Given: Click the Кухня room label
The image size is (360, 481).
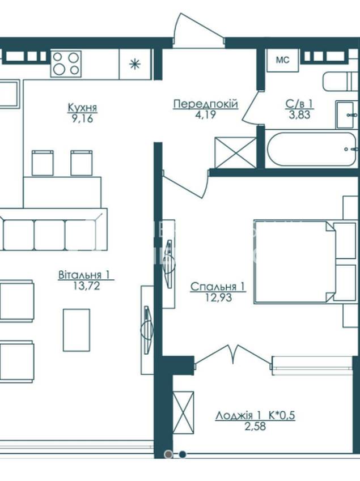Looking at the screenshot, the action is (82, 108).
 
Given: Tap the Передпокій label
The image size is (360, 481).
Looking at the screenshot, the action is (205, 104).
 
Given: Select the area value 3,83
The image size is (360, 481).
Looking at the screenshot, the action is (299, 115).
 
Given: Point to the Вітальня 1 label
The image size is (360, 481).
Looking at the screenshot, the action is (84, 275).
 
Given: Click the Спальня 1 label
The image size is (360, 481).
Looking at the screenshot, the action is (218, 287).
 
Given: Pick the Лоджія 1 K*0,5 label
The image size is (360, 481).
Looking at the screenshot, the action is (255, 415).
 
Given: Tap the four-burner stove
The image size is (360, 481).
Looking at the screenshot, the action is (66, 64).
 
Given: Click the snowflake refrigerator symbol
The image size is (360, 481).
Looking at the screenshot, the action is (135, 64).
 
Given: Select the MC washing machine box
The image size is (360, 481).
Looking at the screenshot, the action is (283, 60).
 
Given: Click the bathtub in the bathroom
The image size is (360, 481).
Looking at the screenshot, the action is (311, 150).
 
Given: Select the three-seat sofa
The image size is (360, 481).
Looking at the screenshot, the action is (54, 229).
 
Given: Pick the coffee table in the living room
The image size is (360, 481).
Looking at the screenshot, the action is (77, 330).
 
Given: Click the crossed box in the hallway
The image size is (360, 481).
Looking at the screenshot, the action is (236, 153).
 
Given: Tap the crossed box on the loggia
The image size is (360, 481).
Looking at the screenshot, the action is (183, 412).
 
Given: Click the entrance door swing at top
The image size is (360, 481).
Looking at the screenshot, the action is (198, 31).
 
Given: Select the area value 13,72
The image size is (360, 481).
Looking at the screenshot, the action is (87, 286).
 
